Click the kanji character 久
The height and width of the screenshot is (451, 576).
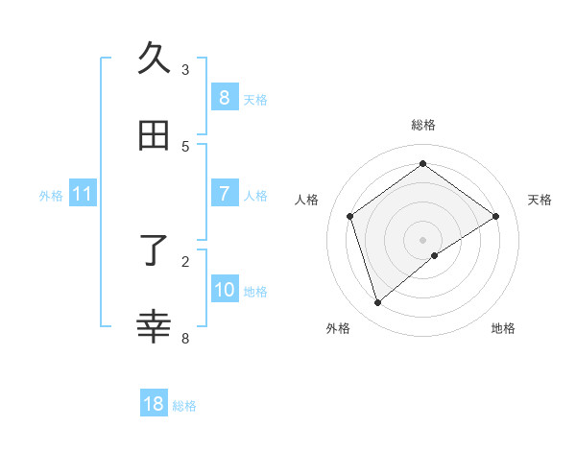point(155,59)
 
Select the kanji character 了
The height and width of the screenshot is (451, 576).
point(155,250)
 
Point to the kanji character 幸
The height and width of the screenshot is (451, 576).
point(155,326)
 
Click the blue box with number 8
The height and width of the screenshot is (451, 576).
point(224,98)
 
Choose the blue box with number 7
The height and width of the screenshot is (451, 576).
point(224,194)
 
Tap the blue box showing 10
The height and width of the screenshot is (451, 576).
point(224,289)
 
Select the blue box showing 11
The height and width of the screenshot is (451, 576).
point(83,194)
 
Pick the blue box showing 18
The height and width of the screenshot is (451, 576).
point(154,404)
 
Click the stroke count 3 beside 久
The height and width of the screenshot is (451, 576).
point(185,69)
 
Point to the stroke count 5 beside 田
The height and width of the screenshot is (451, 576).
point(185,146)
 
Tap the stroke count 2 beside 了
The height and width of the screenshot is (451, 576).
point(185,260)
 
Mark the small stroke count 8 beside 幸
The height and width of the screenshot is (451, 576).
point(185,337)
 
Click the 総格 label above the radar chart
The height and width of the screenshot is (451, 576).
point(423,125)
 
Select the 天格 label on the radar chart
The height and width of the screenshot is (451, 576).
point(540,200)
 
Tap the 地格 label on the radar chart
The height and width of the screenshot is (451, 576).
point(503,328)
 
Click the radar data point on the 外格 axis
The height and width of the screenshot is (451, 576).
point(378,303)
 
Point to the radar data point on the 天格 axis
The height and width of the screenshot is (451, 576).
point(495,216)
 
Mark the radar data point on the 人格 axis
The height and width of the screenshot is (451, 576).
point(350,216)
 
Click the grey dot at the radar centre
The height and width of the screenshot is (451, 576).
point(423,239)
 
